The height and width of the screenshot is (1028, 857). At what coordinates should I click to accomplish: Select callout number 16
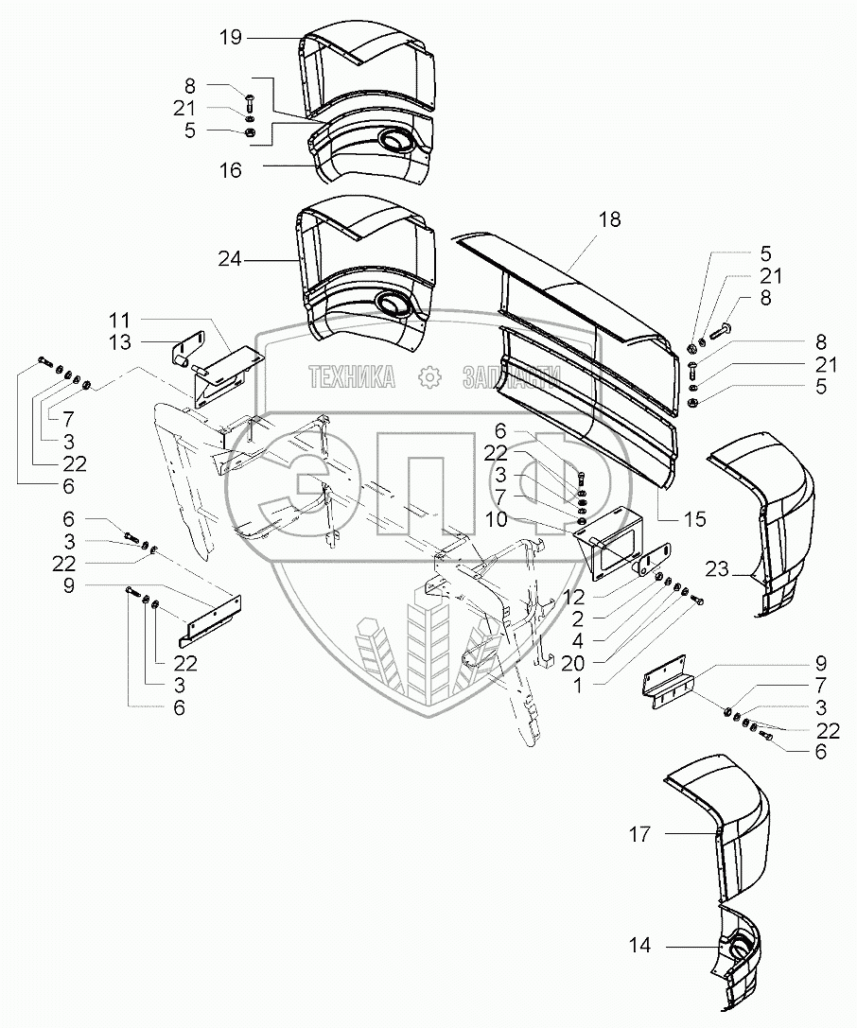tap(230, 170)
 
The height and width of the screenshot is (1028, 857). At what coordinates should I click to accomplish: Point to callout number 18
tap(609, 219)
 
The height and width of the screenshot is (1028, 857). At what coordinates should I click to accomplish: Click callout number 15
tap(696, 519)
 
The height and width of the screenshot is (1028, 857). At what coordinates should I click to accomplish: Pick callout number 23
tap(717, 568)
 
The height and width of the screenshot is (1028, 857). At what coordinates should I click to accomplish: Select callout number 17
tap(639, 834)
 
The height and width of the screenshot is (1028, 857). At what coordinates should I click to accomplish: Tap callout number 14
tap(639, 946)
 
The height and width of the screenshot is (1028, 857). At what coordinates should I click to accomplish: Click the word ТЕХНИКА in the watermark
tap(351, 378)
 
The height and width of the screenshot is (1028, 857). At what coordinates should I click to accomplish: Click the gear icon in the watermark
tap(430, 378)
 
